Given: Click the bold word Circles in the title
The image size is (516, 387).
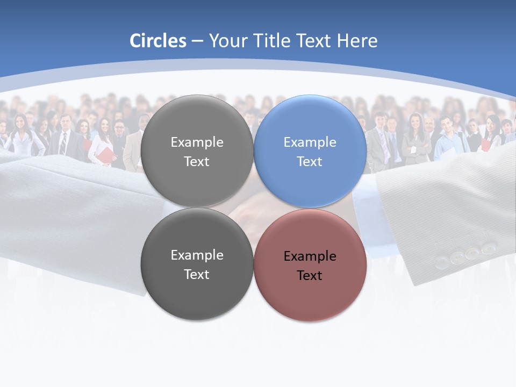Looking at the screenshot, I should pos(158,41).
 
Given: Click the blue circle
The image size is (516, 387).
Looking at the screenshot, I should pos(310,152).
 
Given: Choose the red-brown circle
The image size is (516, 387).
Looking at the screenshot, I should pos(310,266).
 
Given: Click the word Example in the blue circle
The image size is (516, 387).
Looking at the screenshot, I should pos(310,142).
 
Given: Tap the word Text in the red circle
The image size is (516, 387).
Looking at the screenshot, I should pos(310,276).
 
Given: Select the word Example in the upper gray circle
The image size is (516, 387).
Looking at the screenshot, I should pos(197,142).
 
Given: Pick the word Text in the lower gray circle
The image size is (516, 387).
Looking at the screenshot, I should pos(197,275).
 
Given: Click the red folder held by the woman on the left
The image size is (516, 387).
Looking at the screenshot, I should pos(108,156).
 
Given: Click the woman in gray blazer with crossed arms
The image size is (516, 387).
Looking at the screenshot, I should pos(415,140).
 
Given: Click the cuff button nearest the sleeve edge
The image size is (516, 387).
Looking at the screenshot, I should pos(442,262).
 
